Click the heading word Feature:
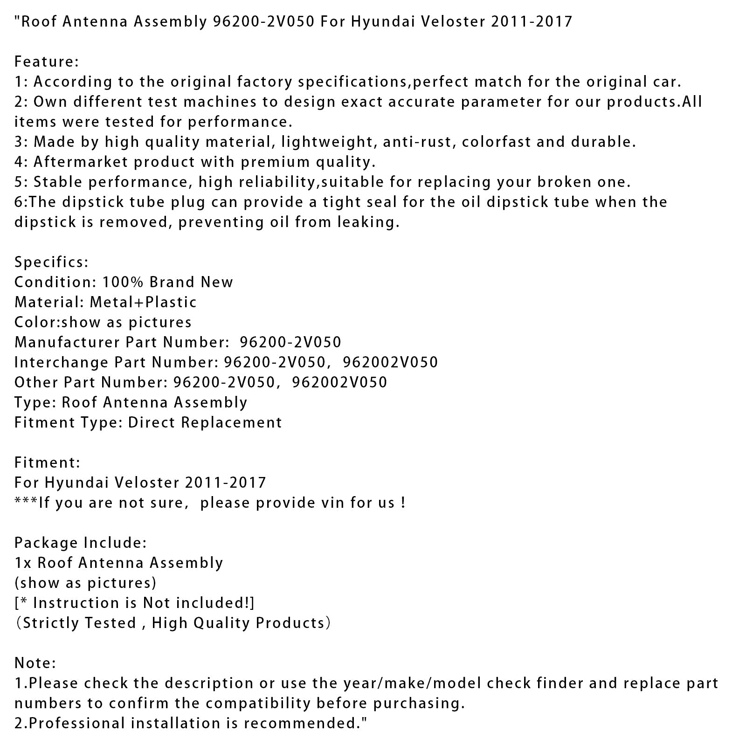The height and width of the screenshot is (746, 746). coord(47,62)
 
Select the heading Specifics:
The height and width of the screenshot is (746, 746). coord(51,262)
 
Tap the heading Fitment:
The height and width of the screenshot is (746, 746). coord(47,463)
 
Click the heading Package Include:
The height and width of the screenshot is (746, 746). coord(81,543)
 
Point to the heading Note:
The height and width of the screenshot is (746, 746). coord(35,663)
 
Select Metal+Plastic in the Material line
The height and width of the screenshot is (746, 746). coord(143,302)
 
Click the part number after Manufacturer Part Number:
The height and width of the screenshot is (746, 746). coord(290,342)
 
